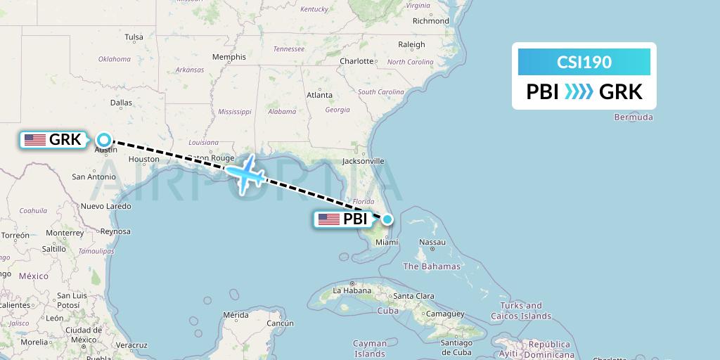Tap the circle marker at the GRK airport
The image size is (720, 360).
(104, 139)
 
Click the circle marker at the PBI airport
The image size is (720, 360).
(387, 219)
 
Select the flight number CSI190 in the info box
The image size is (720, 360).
(584, 62)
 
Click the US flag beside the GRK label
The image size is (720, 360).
(35, 140)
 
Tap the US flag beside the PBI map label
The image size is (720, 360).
(329, 219)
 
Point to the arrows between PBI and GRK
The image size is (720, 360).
(579, 91)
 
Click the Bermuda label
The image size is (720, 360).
(633, 117)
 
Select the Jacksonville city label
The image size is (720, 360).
(363, 161)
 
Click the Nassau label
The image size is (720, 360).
(432, 242)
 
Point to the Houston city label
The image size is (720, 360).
(144, 160)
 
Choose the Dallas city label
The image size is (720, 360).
(121, 103)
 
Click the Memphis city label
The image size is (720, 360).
(229, 57)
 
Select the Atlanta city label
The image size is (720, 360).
(319, 95)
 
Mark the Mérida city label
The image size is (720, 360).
(235, 315)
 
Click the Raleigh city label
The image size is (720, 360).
(411, 44)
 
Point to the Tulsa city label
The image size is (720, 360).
(134, 37)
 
